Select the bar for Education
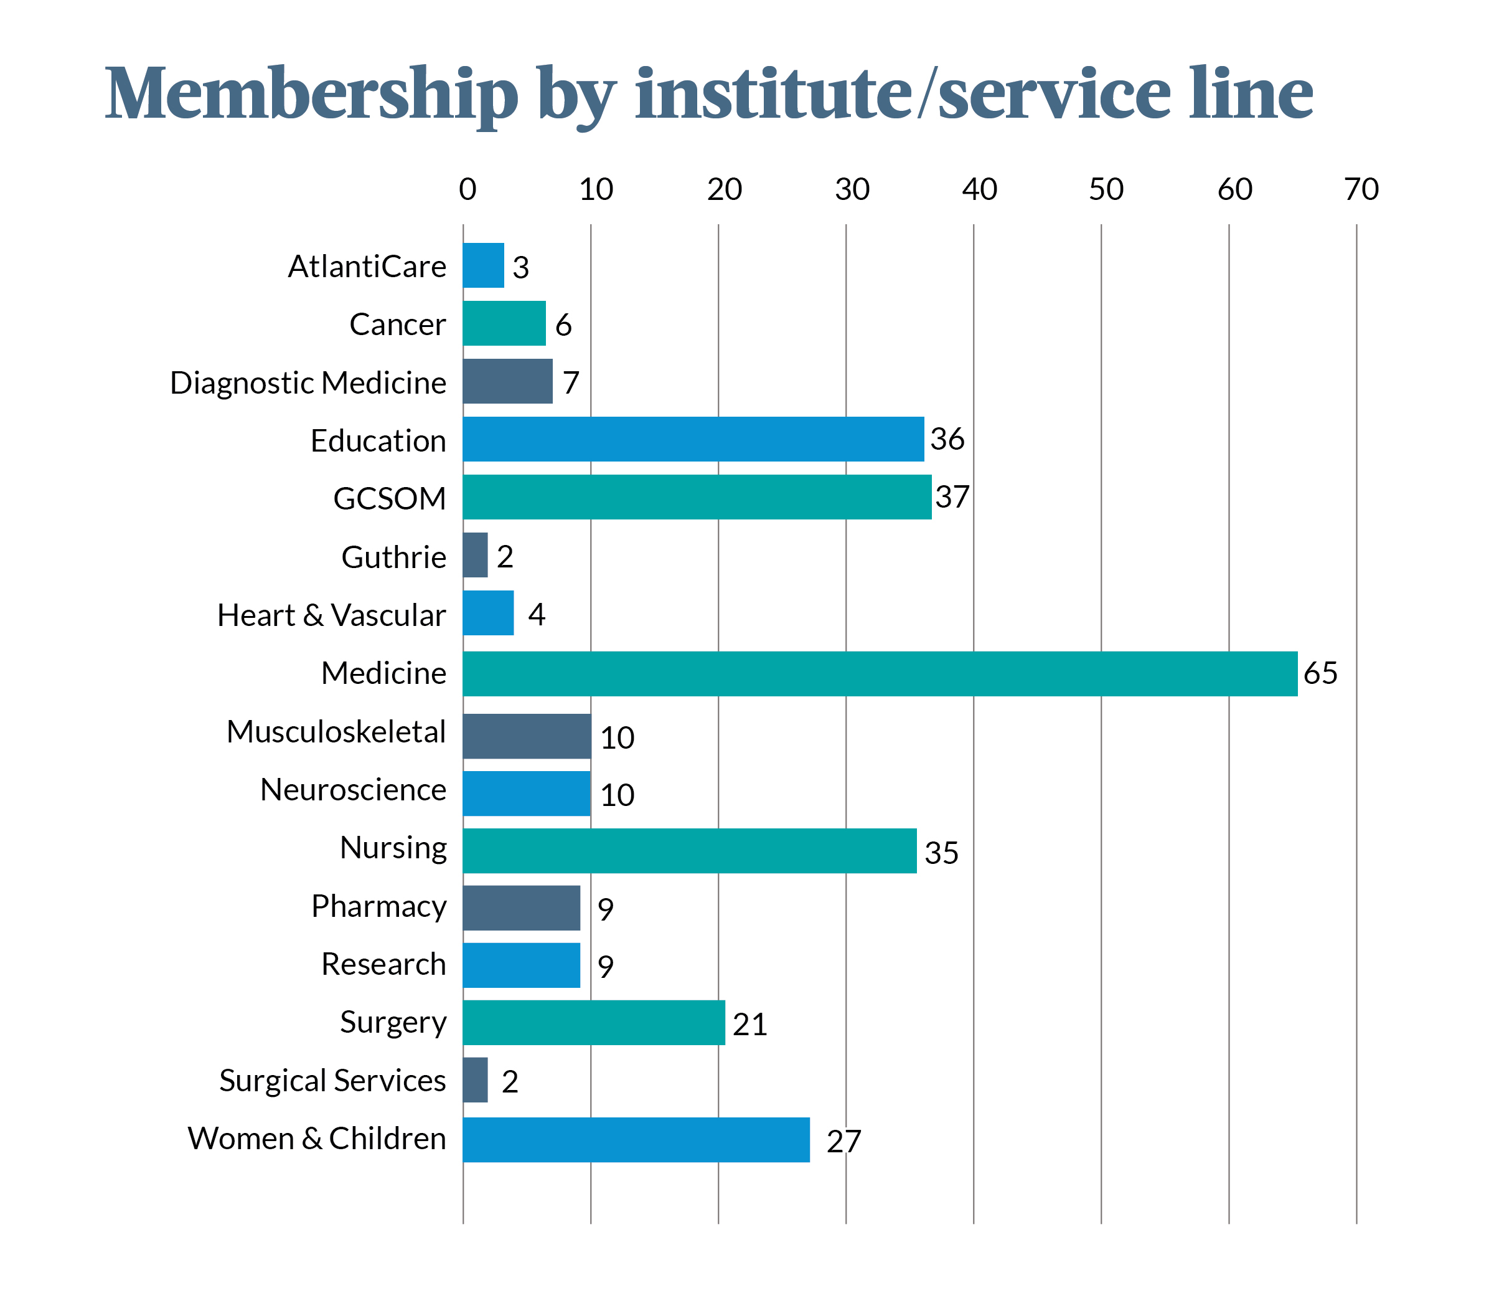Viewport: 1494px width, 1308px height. (x=693, y=438)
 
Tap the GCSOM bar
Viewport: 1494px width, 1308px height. (x=697, y=496)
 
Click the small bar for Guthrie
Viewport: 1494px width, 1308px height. (x=475, y=555)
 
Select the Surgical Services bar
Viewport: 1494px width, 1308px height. (x=475, y=1079)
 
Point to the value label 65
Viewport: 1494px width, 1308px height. (x=1320, y=673)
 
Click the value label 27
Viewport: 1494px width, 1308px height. (x=844, y=1142)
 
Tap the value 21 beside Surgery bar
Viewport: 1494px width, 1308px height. (x=750, y=1024)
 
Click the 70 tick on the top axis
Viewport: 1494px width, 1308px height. (x=1361, y=190)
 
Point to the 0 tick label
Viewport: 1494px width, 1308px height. (x=467, y=190)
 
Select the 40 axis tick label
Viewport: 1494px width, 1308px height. (x=979, y=190)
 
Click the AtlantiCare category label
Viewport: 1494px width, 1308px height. (x=367, y=267)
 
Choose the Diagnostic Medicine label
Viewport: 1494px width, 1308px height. (x=308, y=382)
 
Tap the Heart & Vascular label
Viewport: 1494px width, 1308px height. (x=331, y=615)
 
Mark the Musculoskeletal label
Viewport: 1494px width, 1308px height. (x=336, y=731)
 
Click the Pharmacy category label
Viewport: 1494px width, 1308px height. (x=378, y=906)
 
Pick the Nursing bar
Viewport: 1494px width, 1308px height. (x=689, y=850)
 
